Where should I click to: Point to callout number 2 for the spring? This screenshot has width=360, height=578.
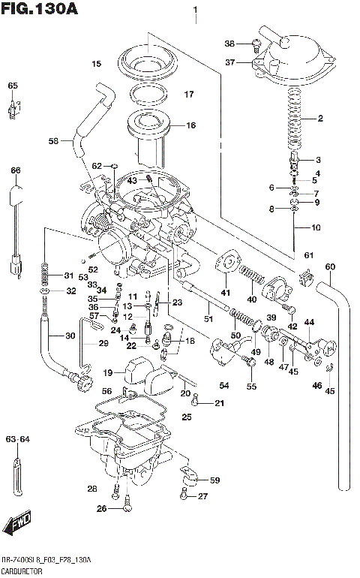pos(319,119)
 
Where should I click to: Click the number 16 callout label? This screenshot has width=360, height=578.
pos(190,125)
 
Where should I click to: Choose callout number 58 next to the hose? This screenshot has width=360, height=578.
pos(53,140)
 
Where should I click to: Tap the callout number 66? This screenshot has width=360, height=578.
pos(15,170)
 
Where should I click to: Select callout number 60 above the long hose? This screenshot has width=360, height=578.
pos(329,267)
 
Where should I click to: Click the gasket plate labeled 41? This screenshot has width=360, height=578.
pos(224,266)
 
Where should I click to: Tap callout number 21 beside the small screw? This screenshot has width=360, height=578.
pos(218,404)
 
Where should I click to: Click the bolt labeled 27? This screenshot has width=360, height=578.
pos(183,495)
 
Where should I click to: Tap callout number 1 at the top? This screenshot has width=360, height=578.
pos(195,11)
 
